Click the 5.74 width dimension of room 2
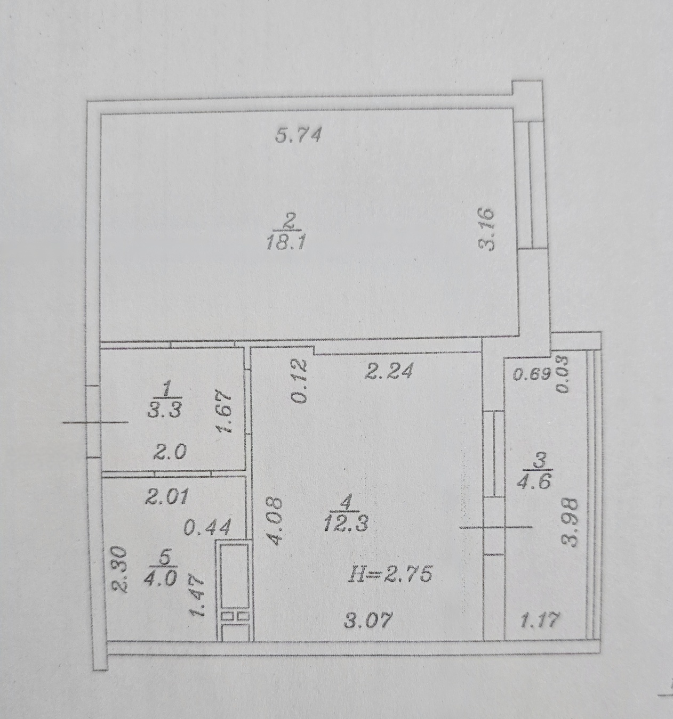coord(298,136)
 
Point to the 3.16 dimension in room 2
coord(487,229)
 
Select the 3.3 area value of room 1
coord(165,411)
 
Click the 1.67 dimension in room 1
coord(224,411)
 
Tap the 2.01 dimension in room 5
coord(167,497)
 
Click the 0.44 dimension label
coord(207,527)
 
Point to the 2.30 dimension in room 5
coord(119,569)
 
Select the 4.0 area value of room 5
coord(161,579)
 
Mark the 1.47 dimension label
coord(198,596)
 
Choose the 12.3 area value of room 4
coord(346,523)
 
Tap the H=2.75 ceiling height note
coord(390,574)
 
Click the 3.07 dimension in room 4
coord(367,620)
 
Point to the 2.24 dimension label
coord(389,371)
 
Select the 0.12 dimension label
coord(299,381)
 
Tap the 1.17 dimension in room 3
coord(540,619)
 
